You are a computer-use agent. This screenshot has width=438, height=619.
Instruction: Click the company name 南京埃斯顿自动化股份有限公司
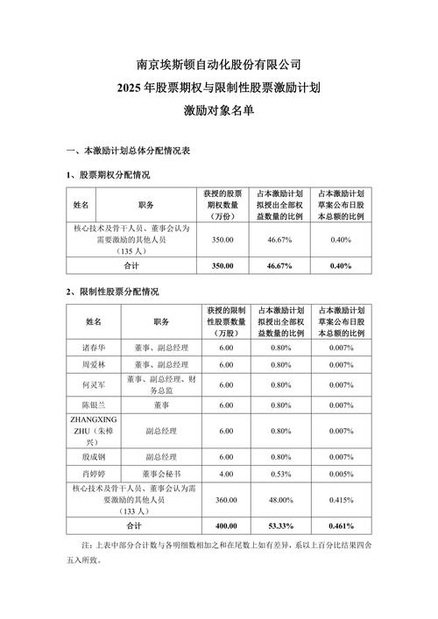click(219, 65)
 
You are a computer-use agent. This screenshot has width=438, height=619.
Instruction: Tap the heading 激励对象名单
click(219, 111)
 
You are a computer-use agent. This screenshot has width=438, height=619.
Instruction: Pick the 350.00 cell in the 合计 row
click(223, 265)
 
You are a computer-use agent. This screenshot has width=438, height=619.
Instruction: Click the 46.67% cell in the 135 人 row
click(280, 237)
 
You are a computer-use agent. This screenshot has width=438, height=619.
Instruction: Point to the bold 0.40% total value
click(341, 265)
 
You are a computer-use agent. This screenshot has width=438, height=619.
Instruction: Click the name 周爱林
click(93, 364)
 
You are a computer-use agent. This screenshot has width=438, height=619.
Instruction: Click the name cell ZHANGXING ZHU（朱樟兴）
click(93, 431)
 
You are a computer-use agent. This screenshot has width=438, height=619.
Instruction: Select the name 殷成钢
click(93, 456)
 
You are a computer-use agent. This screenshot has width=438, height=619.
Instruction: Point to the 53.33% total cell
click(281, 526)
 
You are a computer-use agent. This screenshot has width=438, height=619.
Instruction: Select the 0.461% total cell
click(341, 526)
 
